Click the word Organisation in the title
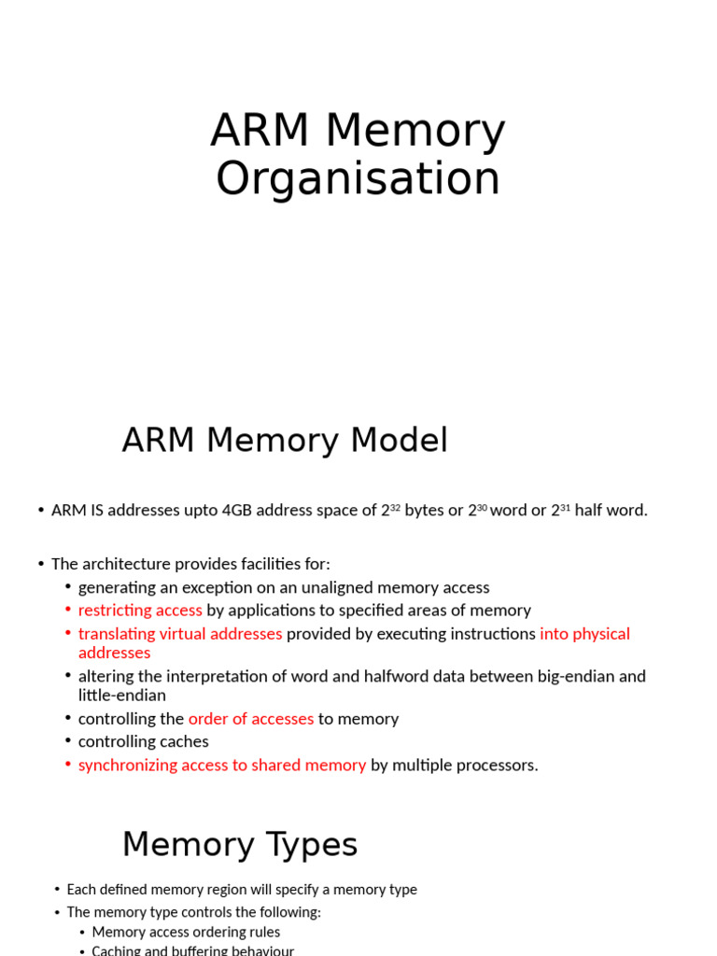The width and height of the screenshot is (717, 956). (358, 178)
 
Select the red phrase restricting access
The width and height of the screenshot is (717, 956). (140, 611)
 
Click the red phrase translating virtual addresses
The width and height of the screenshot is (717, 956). (180, 634)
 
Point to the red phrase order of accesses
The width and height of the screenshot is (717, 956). (251, 719)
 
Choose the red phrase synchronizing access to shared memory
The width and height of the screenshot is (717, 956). (222, 766)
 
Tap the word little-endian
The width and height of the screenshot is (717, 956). (122, 696)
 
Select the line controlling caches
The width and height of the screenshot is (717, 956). (144, 742)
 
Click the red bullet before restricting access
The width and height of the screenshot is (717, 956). (68, 610)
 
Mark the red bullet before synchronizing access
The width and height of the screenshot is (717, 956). (68, 765)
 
